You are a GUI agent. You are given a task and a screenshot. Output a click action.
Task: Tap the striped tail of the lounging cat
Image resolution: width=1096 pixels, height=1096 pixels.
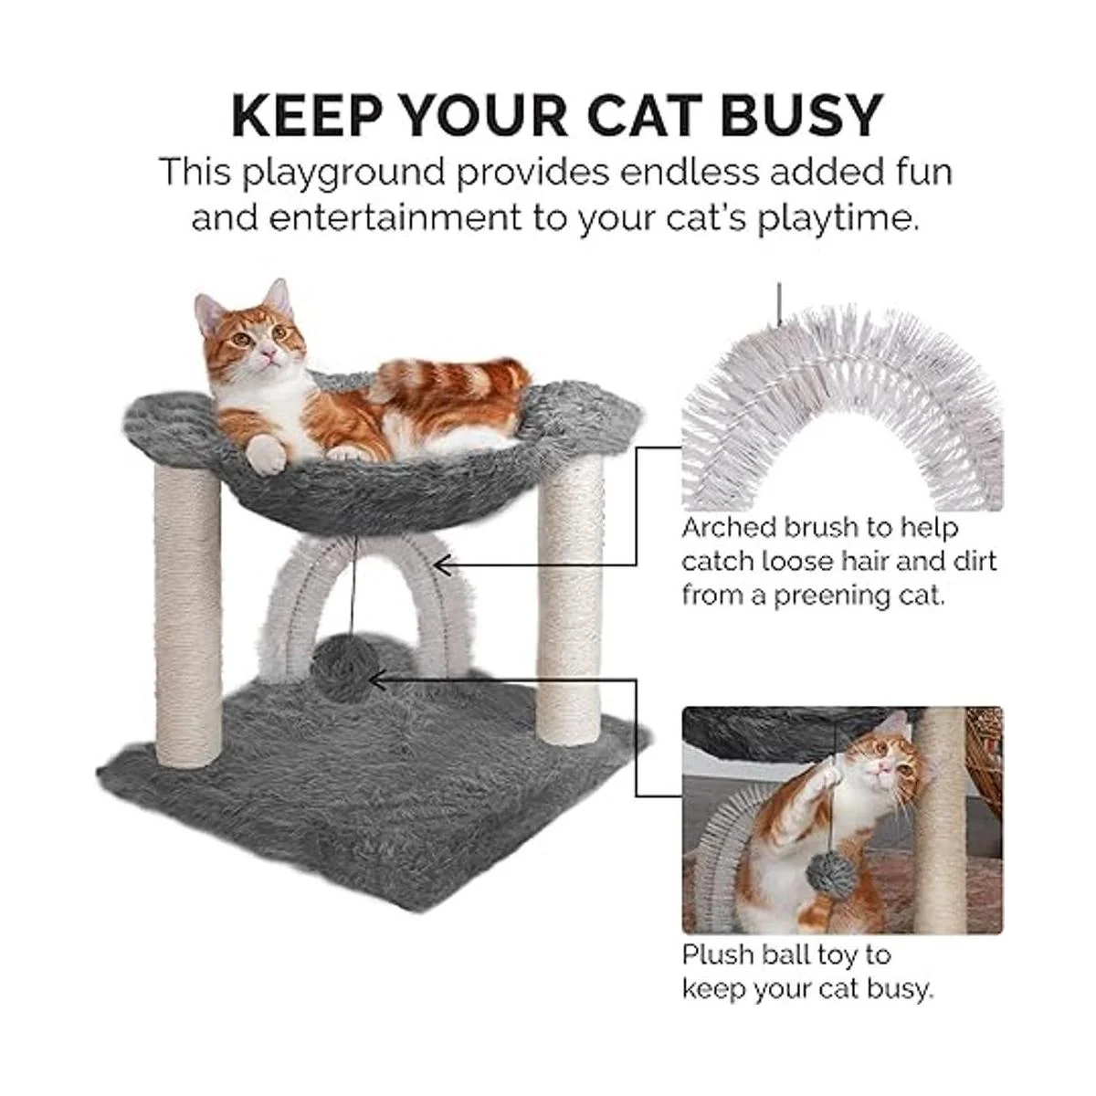click(x=457, y=382)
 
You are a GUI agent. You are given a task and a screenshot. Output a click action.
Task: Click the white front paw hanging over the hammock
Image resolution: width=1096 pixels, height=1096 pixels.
click(x=265, y=454)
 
